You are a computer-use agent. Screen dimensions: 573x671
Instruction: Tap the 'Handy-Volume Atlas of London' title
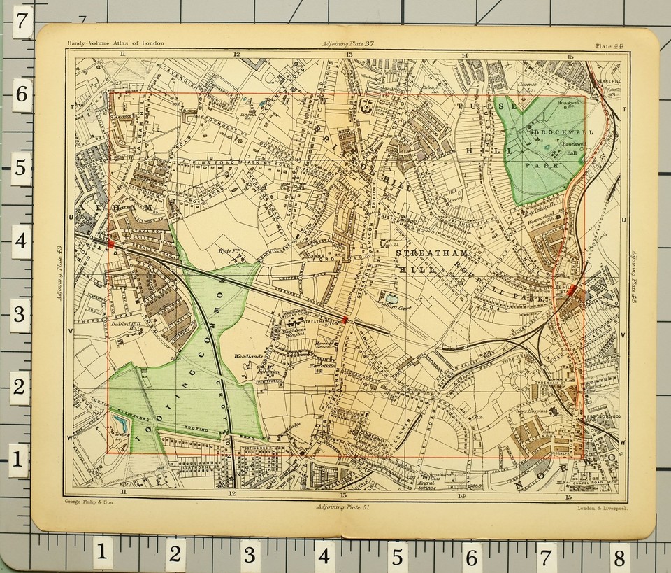(x=116, y=43)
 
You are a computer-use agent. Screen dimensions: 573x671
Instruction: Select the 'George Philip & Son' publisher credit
(x=78, y=504)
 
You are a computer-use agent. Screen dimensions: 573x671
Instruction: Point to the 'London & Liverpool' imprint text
(x=603, y=509)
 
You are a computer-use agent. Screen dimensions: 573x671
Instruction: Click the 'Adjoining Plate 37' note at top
(x=347, y=44)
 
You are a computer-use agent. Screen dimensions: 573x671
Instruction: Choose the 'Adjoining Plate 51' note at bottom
(x=342, y=506)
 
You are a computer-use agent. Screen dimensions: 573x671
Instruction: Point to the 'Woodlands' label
(x=248, y=355)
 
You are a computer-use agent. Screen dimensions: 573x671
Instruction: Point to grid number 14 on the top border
(x=463, y=55)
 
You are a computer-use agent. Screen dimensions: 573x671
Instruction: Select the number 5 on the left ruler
(x=21, y=167)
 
